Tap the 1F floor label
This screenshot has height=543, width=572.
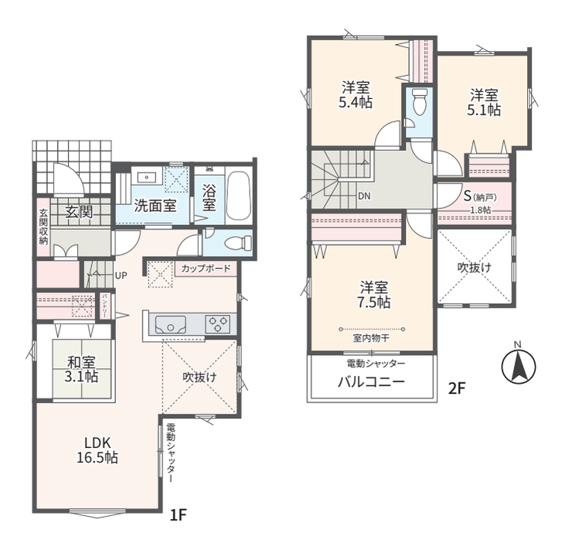(179, 515)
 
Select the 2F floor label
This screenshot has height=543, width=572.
(457, 388)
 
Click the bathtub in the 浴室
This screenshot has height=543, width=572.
(239, 196)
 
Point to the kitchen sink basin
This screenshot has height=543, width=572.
(170, 324)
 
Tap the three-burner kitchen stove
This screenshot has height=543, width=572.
(217, 323)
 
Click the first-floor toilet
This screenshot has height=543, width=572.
(237, 242)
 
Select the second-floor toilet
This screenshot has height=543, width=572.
(418, 102)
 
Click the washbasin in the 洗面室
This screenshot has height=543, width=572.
(147, 177)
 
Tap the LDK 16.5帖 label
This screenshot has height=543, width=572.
(97, 450)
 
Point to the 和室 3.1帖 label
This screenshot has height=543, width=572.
(82, 369)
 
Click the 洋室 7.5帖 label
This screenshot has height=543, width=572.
(374, 295)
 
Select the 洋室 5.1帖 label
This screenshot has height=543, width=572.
(484, 103)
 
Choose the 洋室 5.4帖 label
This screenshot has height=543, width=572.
(356, 95)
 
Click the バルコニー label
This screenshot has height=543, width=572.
(371, 382)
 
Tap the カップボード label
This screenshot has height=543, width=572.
(206, 268)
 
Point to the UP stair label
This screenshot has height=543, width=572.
(121, 275)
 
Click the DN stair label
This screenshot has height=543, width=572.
(364, 196)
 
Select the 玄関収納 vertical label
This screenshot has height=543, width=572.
(43, 227)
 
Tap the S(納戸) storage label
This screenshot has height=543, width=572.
(480, 196)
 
